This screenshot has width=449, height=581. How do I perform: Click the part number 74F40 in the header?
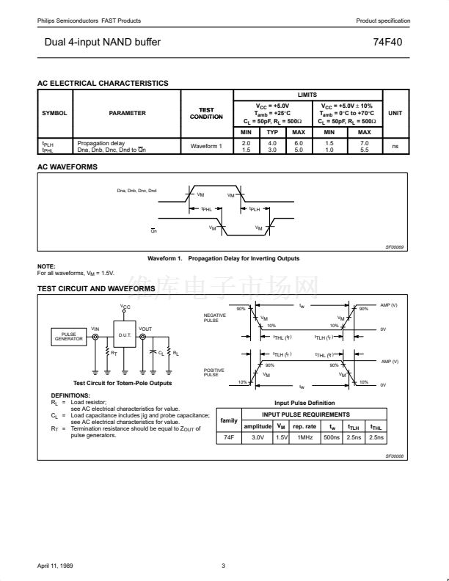(x=387, y=43)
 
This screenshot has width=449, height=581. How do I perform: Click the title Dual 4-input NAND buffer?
(x=102, y=43)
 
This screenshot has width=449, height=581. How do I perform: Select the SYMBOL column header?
(x=54, y=113)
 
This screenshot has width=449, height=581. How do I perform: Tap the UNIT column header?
(x=395, y=113)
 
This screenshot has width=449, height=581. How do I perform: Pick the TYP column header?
(x=271, y=132)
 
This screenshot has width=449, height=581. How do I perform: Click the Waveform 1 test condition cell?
(x=206, y=146)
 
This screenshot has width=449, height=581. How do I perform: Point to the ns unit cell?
(x=395, y=146)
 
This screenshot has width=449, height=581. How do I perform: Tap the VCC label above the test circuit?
(x=125, y=307)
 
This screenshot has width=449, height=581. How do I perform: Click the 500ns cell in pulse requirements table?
(x=332, y=437)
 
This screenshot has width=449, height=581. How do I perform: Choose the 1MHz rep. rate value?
(x=304, y=437)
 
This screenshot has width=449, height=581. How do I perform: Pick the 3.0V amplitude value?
(x=258, y=437)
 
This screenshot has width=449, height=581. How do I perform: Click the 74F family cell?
(x=229, y=437)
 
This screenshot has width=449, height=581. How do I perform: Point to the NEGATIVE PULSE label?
(x=211, y=318)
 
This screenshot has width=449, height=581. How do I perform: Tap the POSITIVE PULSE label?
(x=213, y=372)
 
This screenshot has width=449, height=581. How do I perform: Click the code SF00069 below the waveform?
(x=395, y=248)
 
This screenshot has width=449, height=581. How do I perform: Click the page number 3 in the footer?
(x=223, y=565)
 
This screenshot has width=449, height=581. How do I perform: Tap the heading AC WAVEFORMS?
(x=67, y=167)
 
